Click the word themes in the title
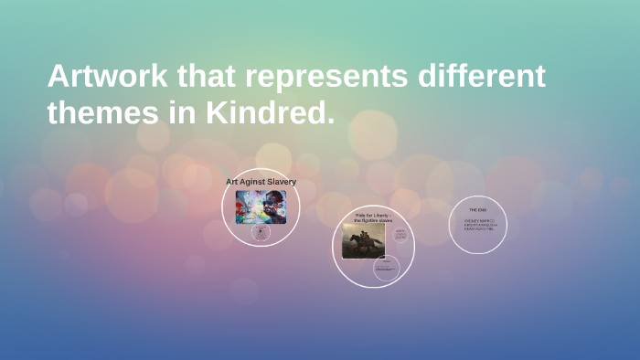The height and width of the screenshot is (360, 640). (x=100, y=113)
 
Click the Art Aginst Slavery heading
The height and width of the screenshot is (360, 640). (x=261, y=182)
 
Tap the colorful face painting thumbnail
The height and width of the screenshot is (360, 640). (x=261, y=206)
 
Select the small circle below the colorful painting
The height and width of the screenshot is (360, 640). (x=261, y=233)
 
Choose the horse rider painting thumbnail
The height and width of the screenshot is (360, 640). (x=363, y=240)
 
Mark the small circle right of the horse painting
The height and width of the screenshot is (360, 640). (x=400, y=235)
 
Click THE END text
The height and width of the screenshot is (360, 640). (x=477, y=209)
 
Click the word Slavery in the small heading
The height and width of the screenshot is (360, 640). (x=280, y=182)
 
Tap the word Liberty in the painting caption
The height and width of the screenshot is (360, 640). (x=378, y=215)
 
